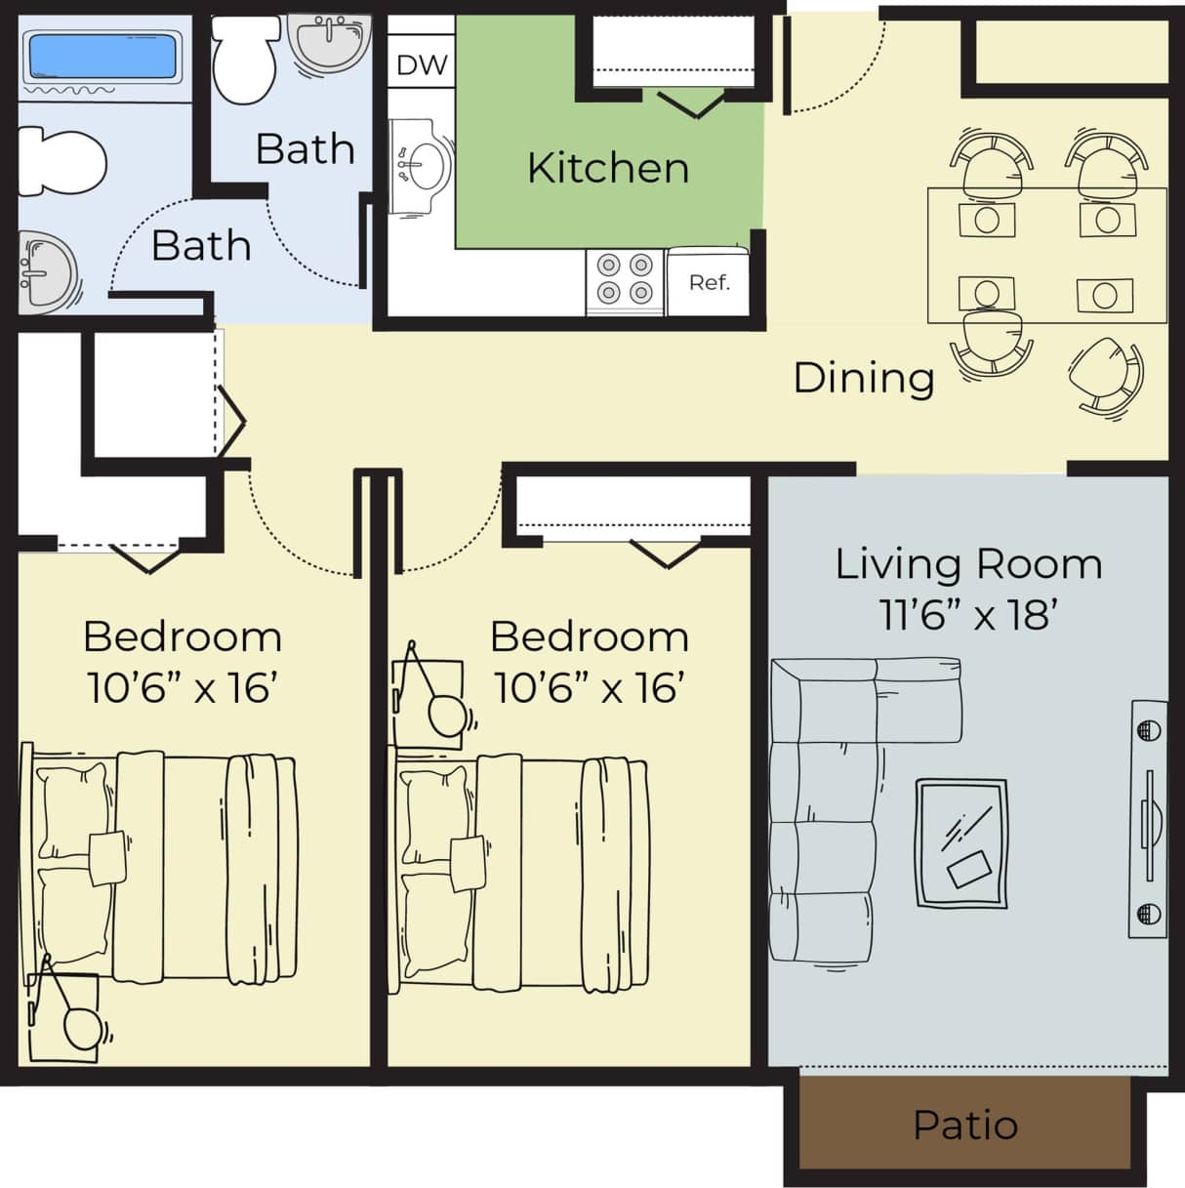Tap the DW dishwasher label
tap(422, 65)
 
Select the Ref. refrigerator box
tap(709, 282)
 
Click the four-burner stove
tap(625, 279)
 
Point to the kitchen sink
tap(424, 166)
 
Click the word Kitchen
tap(608, 168)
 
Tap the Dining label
tap(864, 378)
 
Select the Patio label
tap(965, 1125)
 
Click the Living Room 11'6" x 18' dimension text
tap(968, 615)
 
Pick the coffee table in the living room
tap(962, 843)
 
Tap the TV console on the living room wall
tap(1148, 819)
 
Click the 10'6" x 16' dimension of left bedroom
tap(183, 688)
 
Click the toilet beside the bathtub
tap(62, 161)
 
